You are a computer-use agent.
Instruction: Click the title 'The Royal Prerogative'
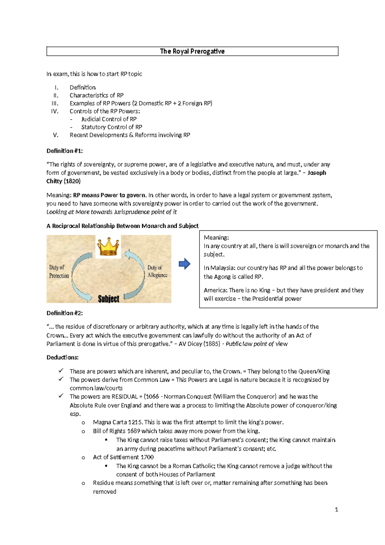coord(192,51)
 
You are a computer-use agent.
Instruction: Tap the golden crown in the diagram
coord(108,246)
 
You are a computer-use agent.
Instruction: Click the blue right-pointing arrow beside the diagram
coord(184,264)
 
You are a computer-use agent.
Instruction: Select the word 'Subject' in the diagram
coord(108,299)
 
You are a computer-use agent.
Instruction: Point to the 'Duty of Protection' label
coord(59,272)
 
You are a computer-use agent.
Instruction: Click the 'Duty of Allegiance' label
coord(157,271)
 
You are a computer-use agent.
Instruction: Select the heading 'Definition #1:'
coord(64,151)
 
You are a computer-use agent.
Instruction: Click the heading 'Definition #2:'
coord(64,313)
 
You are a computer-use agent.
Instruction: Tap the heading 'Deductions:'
coord(63,357)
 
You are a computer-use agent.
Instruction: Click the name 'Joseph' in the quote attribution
coord(317,173)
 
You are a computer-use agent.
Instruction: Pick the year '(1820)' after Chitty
coord(72,181)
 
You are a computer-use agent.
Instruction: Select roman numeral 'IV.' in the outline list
coord(55,111)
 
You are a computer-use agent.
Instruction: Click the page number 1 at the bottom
coord(336,509)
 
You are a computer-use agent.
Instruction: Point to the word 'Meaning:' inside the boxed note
coord(216,237)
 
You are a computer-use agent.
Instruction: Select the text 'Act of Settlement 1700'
coord(123,457)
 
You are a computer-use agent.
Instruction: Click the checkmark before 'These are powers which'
coord(61,371)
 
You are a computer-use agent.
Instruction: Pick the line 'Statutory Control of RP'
coord(111,127)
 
